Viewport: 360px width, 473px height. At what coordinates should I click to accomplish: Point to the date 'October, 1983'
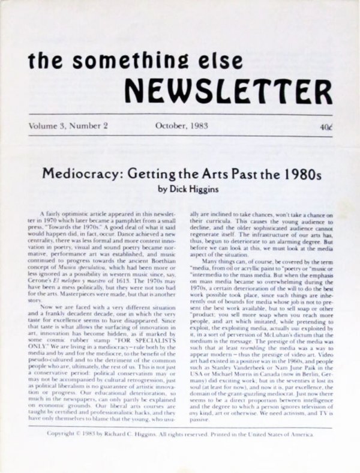pos(182,126)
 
